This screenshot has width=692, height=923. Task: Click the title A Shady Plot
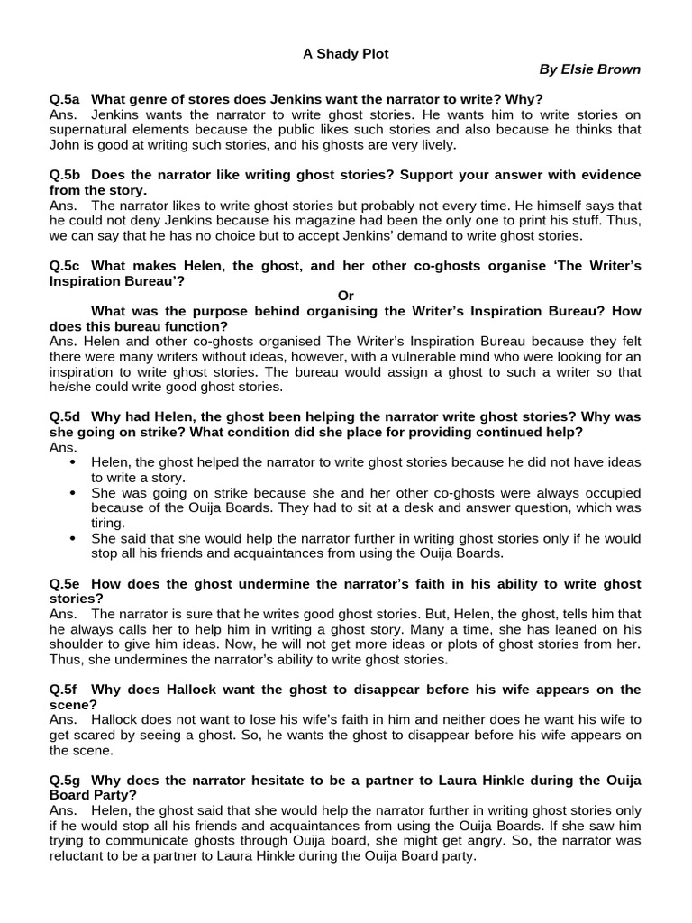(x=345, y=54)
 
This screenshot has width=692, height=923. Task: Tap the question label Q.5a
(x=66, y=98)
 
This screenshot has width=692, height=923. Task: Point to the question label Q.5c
(x=66, y=266)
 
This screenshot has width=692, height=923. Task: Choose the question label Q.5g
(x=66, y=779)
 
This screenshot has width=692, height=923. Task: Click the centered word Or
(x=346, y=296)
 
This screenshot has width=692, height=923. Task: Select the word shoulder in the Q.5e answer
(x=77, y=644)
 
